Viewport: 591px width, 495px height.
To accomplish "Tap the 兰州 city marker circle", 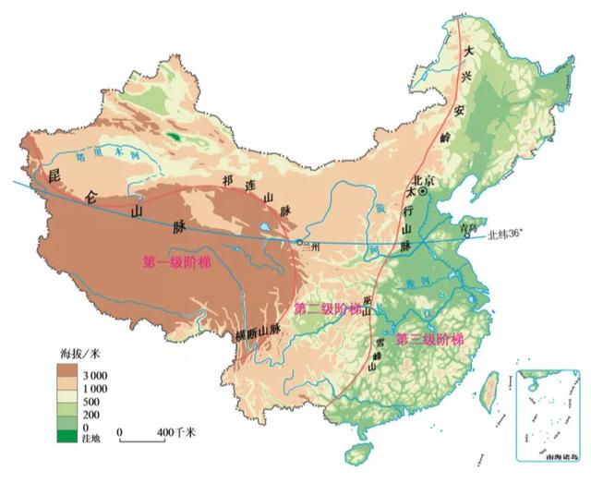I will [x=299, y=242].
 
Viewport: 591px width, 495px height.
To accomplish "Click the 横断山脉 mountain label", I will [x=257, y=333].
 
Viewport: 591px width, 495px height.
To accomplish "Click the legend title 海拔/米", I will [x=78, y=354].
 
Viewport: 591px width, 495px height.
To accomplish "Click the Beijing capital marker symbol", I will [x=422, y=194].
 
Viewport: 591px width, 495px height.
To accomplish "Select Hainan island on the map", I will [x=357, y=454].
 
